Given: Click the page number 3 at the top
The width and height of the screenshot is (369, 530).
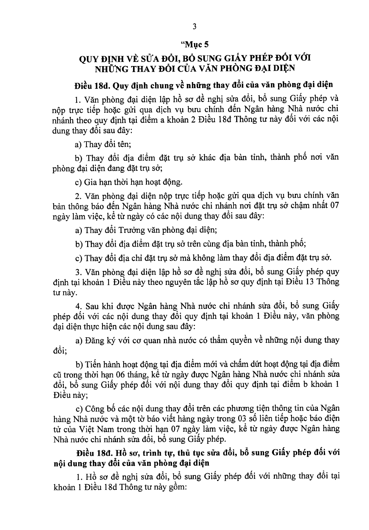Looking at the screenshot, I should pyautogui.click(x=194, y=27).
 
